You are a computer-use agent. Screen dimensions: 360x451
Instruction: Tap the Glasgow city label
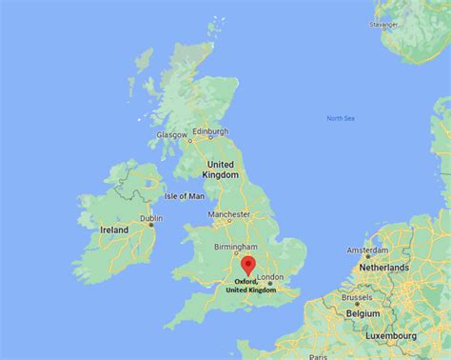pyautogui.click(x=172, y=135)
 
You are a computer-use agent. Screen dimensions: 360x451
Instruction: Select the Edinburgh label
pyautogui.click(x=210, y=130)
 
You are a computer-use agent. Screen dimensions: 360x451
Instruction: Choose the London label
pyautogui.click(x=271, y=277)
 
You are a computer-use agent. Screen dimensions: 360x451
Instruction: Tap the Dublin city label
pyautogui.click(x=151, y=218)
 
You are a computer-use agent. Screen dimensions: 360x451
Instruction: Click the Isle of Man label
pyautogui.click(x=185, y=196)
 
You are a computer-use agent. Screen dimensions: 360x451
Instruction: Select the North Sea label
pyautogui.click(x=340, y=118)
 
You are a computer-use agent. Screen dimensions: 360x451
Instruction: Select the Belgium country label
pyautogui.click(x=363, y=311)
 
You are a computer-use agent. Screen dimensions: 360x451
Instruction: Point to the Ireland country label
pyautogui.click(x=115, y=230)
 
